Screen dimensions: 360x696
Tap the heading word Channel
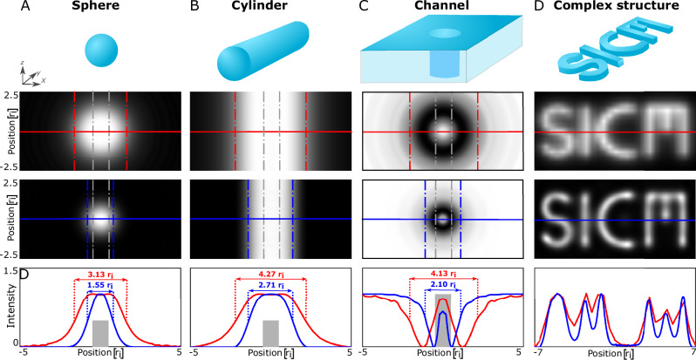440,8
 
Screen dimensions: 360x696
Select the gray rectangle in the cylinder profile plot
270,332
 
